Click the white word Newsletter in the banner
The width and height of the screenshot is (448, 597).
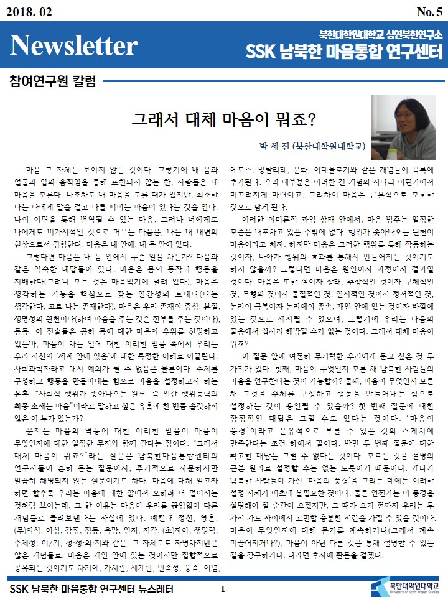click(73, 46)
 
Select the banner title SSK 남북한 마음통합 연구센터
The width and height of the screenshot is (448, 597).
click(342, 50)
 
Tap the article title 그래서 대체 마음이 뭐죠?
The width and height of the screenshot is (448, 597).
click(225, 118)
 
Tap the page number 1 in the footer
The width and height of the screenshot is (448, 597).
click(222, 588)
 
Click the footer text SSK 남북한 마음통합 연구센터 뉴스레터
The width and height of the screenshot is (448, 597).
click(91, 588)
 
